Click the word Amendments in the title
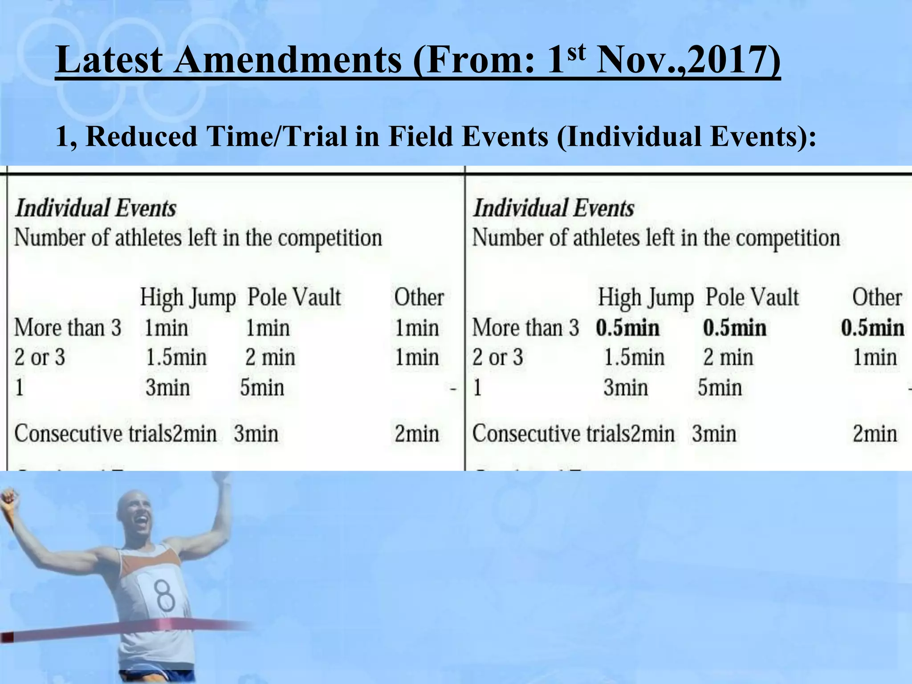[288, 60]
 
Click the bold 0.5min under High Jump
[628, 328]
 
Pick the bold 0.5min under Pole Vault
[735, 328]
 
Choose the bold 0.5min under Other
[872, 328]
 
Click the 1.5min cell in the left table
[176, 358]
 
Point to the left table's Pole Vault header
[294, 297]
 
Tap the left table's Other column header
[419, 297]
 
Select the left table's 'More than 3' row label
[68, 328]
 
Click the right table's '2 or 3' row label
[497, 358]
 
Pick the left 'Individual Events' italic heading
[96, 208]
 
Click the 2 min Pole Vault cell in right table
[728, 358]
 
